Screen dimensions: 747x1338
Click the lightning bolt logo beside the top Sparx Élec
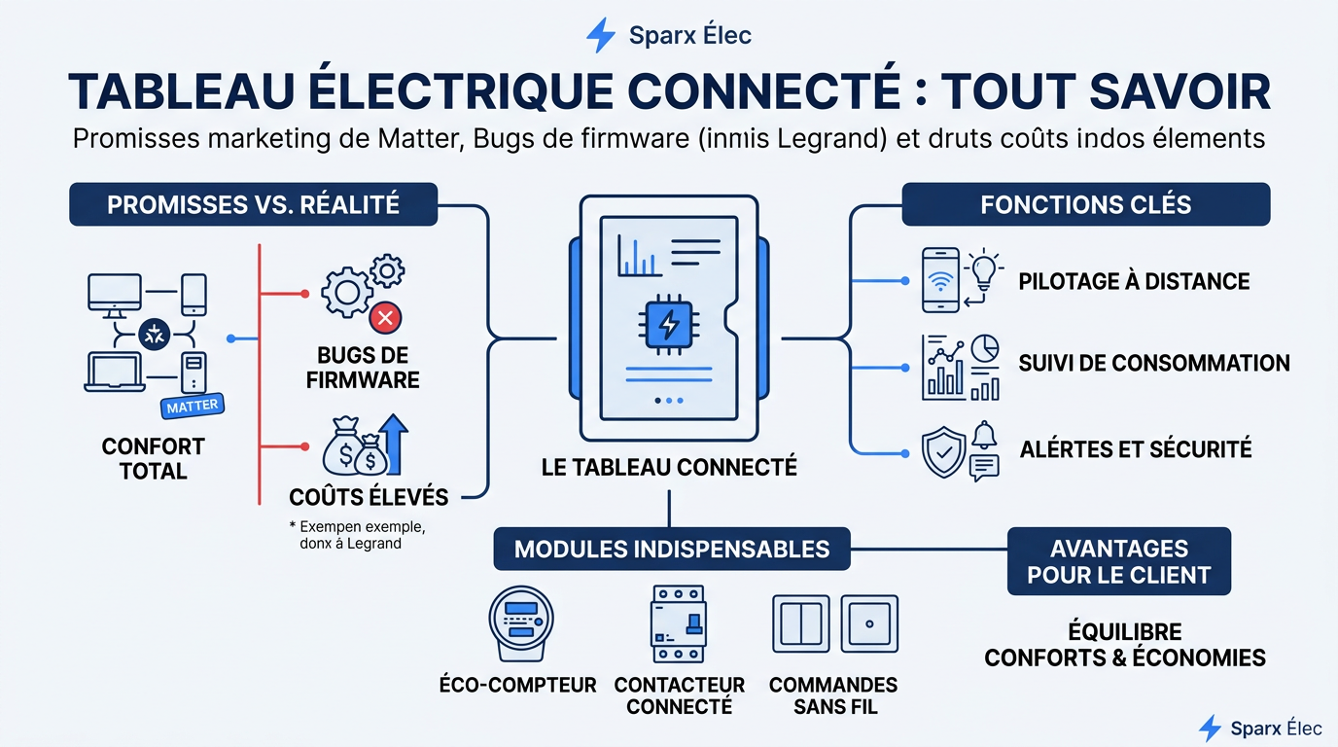(600, 35)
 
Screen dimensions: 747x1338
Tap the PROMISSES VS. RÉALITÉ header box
(253, 204)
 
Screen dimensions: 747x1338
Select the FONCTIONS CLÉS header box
(1085, 204)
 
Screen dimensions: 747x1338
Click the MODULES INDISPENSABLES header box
(671, 549)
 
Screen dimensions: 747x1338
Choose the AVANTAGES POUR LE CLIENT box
(1118, 561)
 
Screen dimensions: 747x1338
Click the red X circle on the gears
(386, 316)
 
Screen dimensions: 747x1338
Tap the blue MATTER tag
(193, 407)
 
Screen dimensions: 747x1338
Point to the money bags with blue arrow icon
(366, 445)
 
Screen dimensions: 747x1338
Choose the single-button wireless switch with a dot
(869, 623)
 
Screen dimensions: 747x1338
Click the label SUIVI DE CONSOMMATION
(1153, 364)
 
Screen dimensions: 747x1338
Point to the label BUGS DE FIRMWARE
(363, 368)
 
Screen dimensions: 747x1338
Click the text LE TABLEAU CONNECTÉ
(669, 468)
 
